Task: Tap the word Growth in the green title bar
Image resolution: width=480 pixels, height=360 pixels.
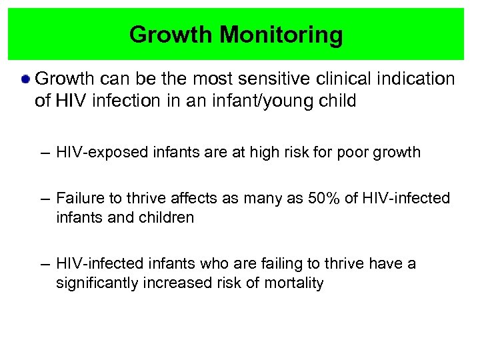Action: tap(170, 35)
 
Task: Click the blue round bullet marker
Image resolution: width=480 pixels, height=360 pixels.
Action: tap(25, 80)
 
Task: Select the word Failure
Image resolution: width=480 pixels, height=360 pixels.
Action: tap(78, 198)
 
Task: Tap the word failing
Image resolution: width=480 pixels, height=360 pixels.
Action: tap(263, 263)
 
